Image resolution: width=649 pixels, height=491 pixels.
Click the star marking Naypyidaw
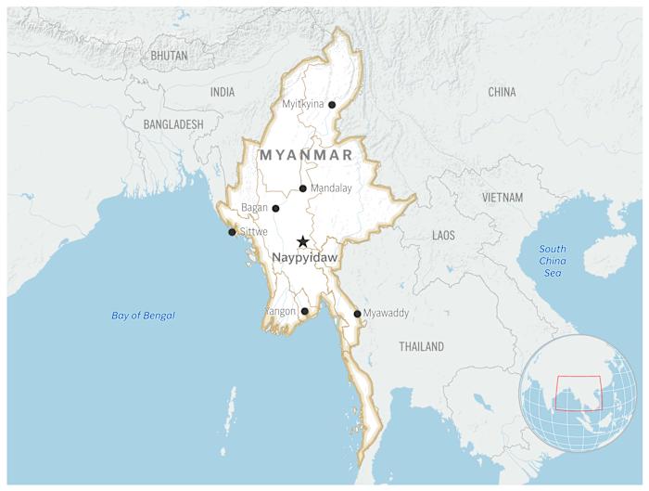tap(302, 241)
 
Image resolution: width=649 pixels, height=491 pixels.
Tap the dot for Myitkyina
tap(332, 105)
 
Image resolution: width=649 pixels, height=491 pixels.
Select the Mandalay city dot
tap(303, 188)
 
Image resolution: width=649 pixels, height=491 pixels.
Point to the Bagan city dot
tap(275, 208)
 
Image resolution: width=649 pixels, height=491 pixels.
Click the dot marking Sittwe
tap(232, 232)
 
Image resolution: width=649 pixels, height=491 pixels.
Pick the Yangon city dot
tap(305, 312)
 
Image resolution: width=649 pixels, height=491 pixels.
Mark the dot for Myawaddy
tap(357, 314)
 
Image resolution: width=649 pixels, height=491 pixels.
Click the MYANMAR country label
tap(306, 155)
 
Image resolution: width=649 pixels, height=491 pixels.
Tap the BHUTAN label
tap(169, 56)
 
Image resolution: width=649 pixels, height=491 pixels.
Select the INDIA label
tap(223, 92)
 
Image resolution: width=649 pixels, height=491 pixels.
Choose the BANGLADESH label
tap(173, 123)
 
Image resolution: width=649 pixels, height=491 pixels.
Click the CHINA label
tap(502, 92)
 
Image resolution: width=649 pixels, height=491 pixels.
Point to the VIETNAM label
tap(502, 198)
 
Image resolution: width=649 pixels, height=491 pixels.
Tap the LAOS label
tap(443, 236)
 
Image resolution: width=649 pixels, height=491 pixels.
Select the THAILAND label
tap(421, 346)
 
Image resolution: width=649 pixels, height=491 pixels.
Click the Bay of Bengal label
tap(143, 316)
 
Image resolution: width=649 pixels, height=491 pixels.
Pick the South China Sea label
tap(553, 261)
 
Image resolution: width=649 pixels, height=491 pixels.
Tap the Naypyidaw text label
tap(304, 257)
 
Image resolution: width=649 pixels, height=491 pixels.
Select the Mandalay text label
tap(331, 188)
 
